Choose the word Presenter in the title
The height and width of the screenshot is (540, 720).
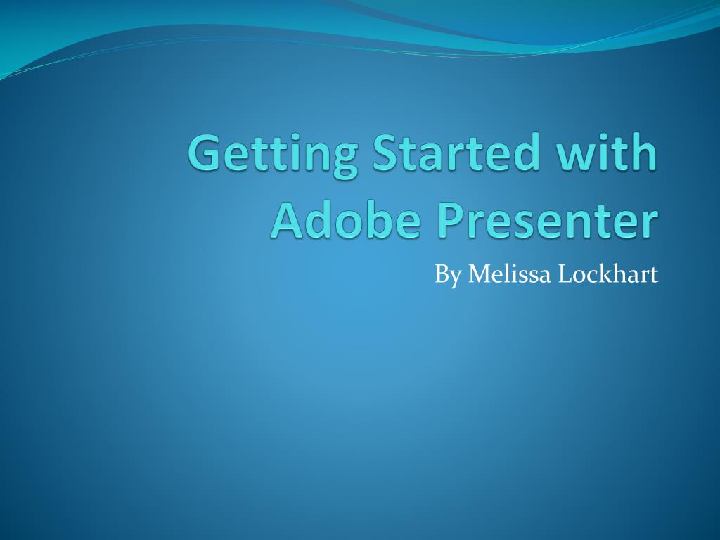(548, 220)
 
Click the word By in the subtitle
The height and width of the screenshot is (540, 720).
(447, 274)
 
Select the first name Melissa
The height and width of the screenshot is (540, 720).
(510, 274)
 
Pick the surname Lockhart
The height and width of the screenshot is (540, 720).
(609, 274)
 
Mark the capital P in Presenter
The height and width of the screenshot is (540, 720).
(451, 220)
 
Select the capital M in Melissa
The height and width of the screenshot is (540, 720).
(480, 274)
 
